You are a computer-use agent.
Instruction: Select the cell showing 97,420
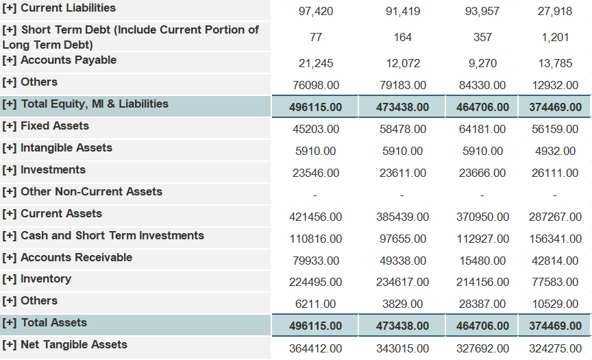[x=316, y=12]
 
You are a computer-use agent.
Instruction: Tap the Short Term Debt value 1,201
[x=555, y=37]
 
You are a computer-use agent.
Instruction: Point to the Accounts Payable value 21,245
[x=316, y=64]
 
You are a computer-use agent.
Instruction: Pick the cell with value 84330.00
[x=482, y=86]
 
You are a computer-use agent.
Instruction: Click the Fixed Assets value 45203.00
[x=316, y=130]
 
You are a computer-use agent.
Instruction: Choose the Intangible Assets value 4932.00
[x=555, y=152]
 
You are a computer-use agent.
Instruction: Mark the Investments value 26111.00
[x=555, y=173]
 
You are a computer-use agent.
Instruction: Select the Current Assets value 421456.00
[x=316, y=217]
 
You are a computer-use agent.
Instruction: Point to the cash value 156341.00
[x=555, y=239]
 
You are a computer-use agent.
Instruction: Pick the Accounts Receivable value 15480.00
[x=482, y=261]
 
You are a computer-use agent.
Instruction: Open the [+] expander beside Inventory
[x=10, y=279]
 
